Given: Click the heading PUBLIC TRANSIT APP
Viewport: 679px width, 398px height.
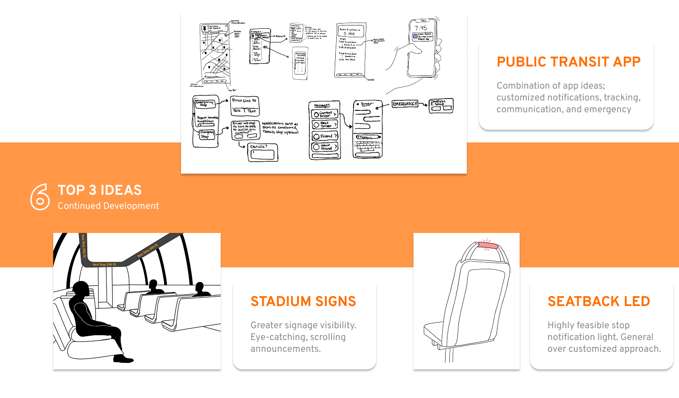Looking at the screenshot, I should (568, 62).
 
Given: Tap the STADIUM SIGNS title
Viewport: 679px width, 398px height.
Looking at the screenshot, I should (303, 301).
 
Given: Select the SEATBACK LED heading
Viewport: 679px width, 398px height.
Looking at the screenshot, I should (598, 301).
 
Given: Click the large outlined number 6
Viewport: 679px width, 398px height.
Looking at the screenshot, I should (40, 197).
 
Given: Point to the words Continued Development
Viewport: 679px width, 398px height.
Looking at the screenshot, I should (108, 206).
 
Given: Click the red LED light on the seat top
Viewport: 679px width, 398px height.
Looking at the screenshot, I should (488, 245).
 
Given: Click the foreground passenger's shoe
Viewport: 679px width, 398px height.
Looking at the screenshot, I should (124, 359).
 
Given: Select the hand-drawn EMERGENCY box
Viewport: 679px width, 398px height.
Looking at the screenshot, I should (405, 104).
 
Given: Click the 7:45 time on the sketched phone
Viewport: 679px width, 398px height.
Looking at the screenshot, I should (421, 28).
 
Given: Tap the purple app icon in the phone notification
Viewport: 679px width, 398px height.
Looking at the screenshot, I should (415, 36).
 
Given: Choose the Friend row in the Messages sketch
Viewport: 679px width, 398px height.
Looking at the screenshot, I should (324, 136).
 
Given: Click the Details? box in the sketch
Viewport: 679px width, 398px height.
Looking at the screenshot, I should (263, 152).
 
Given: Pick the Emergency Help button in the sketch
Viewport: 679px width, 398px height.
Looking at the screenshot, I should (205, 103).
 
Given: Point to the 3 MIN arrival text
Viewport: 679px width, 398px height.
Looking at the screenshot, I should (349, 34).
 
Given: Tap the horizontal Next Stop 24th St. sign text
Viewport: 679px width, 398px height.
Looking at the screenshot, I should (105, 265).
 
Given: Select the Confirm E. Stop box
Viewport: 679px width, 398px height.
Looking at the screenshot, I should (441, 105).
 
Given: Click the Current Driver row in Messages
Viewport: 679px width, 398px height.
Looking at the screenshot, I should (324, 114).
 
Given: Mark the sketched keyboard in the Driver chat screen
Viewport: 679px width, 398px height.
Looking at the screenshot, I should (368, 147).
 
